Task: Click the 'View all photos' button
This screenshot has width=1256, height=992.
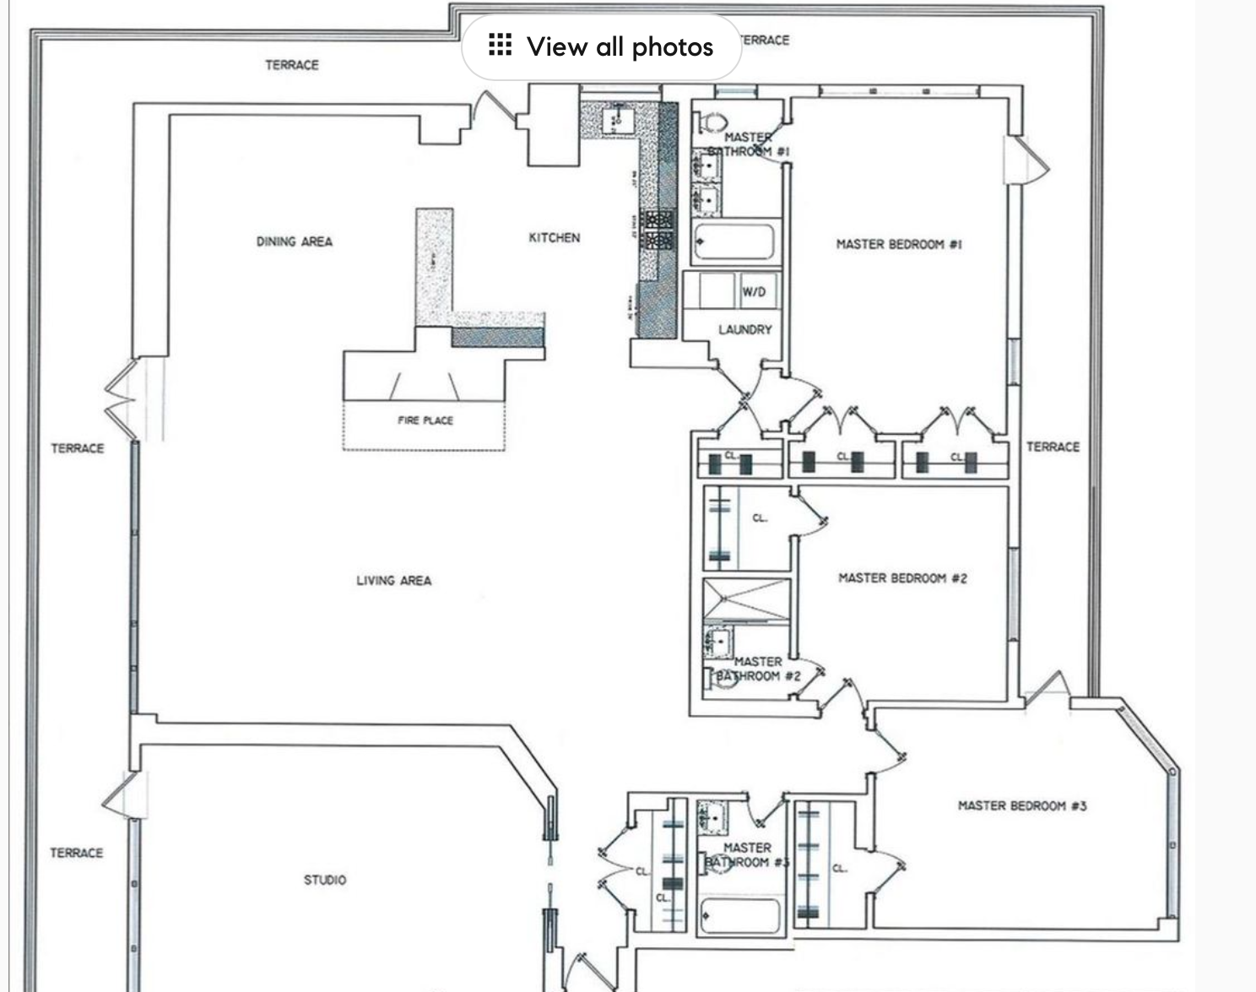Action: click(601, 46)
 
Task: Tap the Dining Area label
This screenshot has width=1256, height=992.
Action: click(295, 241)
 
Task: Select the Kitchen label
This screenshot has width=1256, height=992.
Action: click(554, 238)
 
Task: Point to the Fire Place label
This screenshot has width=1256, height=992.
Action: click(425, 420)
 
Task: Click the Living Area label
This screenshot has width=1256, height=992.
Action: click(393, 581)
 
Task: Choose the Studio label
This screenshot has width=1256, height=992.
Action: click(325, 880)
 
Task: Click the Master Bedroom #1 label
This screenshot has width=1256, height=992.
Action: click(899, 244)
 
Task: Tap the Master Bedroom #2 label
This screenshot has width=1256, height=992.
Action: click(902, 578)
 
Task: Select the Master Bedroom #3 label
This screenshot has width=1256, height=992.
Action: click(1022, 805)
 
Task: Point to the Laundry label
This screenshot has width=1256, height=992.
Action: click(744, 329)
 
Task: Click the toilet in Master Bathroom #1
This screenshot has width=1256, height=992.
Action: click(713, 123)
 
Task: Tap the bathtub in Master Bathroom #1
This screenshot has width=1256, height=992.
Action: click(734, 241)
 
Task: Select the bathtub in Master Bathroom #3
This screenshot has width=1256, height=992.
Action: click(740, 916)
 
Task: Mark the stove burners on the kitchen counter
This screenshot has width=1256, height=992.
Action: click(658, 230)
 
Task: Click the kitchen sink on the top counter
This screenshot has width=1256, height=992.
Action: click(615, 120)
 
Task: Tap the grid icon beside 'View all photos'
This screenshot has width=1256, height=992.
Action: click(500, 46)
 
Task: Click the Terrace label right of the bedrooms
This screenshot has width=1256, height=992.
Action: click(1053, 447)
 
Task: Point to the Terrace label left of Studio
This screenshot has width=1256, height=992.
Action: click(76, 853)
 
